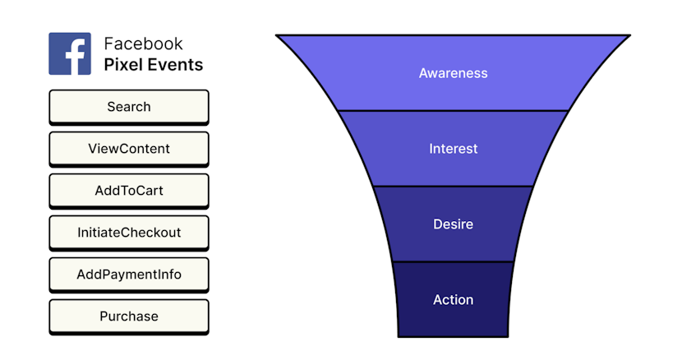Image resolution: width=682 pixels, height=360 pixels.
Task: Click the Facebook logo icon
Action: click(70, 53)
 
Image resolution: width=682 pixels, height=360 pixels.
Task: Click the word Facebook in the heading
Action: click(143, 44)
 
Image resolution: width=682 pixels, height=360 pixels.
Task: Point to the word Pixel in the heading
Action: click(122, 64)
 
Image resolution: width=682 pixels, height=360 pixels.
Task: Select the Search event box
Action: click(129, 107)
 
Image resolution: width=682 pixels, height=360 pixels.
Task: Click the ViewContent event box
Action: click(129, 149)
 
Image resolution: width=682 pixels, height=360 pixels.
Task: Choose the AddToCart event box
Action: click(129, 191)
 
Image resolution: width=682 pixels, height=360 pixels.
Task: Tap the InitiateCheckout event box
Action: click(129, 233)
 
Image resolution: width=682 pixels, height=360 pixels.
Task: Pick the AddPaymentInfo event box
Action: click(129, 275)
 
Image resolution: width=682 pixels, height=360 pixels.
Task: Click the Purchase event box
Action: click(129, 316)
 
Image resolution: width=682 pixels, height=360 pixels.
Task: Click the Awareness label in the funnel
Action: click(453, 73)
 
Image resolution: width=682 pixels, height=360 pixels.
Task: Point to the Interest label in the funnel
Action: click(453, 149)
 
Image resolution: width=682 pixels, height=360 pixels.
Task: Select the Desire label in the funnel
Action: click(453, 224)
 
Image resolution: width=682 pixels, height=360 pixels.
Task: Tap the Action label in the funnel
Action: click(453, 300)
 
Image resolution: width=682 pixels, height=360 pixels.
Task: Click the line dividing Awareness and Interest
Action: click(453, 110)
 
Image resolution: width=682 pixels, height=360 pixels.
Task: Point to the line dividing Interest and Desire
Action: click(453, 186)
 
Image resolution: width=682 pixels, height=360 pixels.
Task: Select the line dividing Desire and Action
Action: click(453, 261)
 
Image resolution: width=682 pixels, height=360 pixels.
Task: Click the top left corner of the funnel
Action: click(278, 35)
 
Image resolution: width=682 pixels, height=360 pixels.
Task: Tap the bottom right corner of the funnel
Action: click(509, 335)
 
